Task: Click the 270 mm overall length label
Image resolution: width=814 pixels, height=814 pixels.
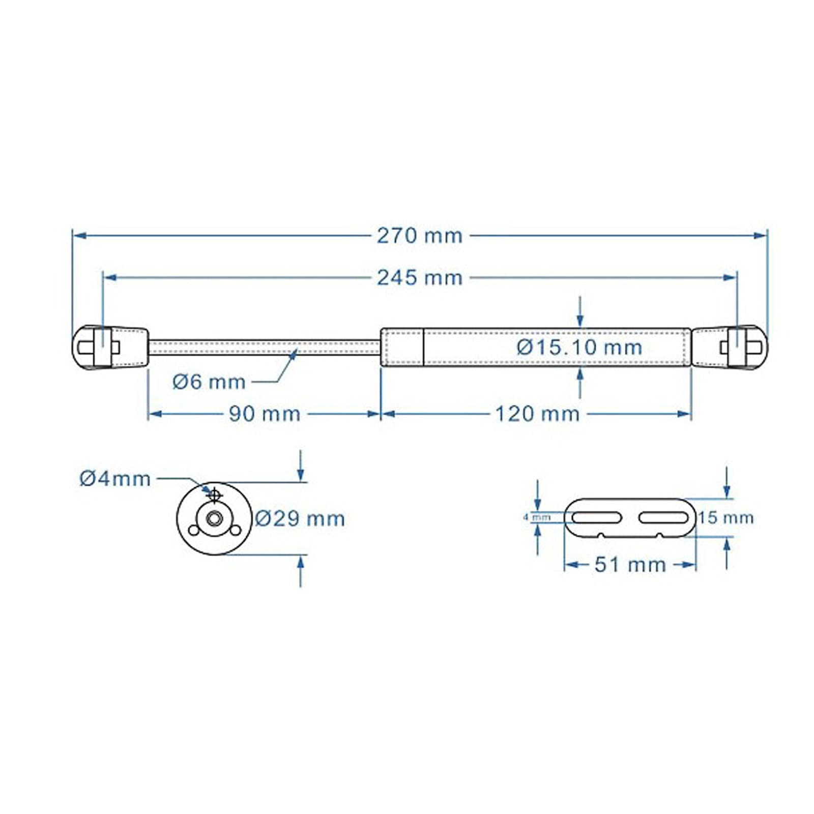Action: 419,236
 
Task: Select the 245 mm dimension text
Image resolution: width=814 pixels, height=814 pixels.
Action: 419,278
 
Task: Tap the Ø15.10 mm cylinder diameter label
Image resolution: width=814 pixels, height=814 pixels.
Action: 579,347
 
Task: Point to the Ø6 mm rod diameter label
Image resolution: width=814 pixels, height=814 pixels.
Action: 209,382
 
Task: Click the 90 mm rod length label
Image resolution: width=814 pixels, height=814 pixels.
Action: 265,414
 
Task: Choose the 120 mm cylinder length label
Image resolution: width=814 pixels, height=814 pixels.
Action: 537,414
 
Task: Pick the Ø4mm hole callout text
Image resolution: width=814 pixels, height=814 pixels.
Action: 115,479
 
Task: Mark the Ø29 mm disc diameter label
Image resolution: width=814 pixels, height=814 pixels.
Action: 300,519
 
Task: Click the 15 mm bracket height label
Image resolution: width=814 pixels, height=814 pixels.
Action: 725,518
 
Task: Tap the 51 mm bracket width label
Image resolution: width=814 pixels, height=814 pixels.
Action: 630,565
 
